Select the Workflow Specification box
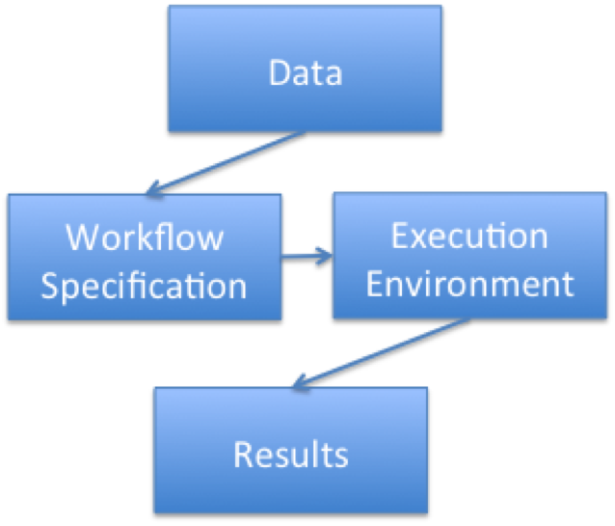(144, 258)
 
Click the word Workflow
(145, 237)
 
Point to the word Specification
(144, 286)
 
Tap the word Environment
(471, 283)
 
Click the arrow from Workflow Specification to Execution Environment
(306, 257)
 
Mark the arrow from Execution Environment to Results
(376, 353)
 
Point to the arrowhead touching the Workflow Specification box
(150, 189)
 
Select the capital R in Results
(242, 454)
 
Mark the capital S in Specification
(50, 286)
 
